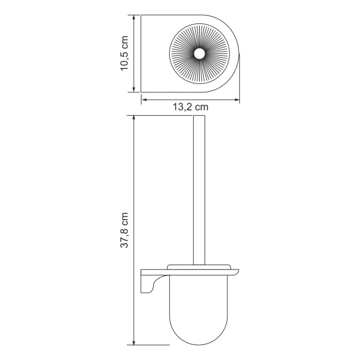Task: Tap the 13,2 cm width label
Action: [x=191, y=107]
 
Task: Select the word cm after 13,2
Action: [x=201, y=107]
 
